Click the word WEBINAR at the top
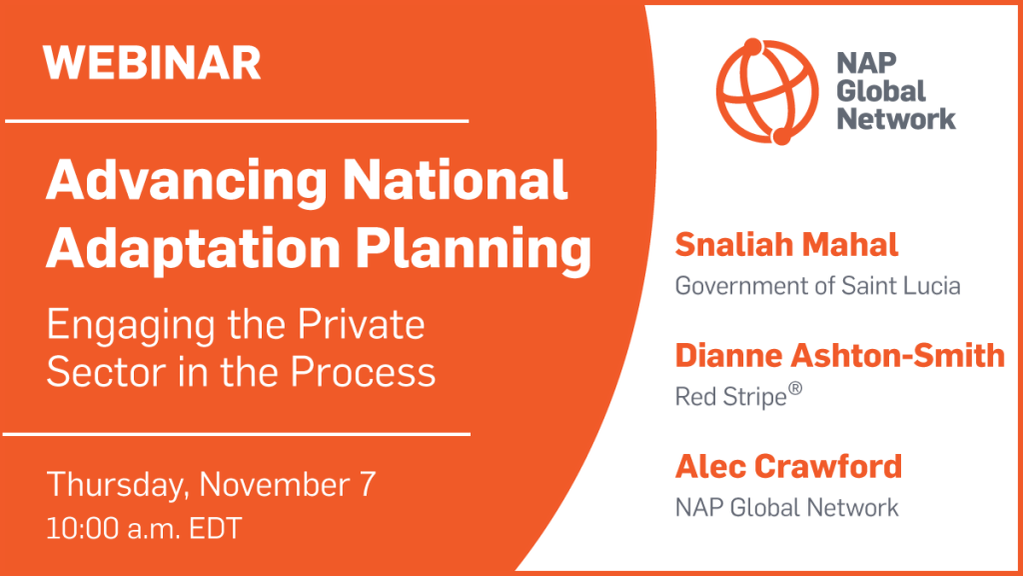coord(152,63)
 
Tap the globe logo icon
coord(766,91)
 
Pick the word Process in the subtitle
coord(363,372)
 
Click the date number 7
coord(368,485)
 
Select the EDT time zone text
coord(216,528)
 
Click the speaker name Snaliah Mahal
coord(786,245)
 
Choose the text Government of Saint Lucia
coord(817,286)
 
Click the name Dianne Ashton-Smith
coord(839,356)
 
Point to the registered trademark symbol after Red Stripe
coord(794,389)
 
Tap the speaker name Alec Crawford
coord(789,467)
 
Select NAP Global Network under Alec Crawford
coord(787,507)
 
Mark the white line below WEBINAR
coord(237,121)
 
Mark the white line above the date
coord(237,434)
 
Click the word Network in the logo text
coord(896,120)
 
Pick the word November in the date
coord(274,485)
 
